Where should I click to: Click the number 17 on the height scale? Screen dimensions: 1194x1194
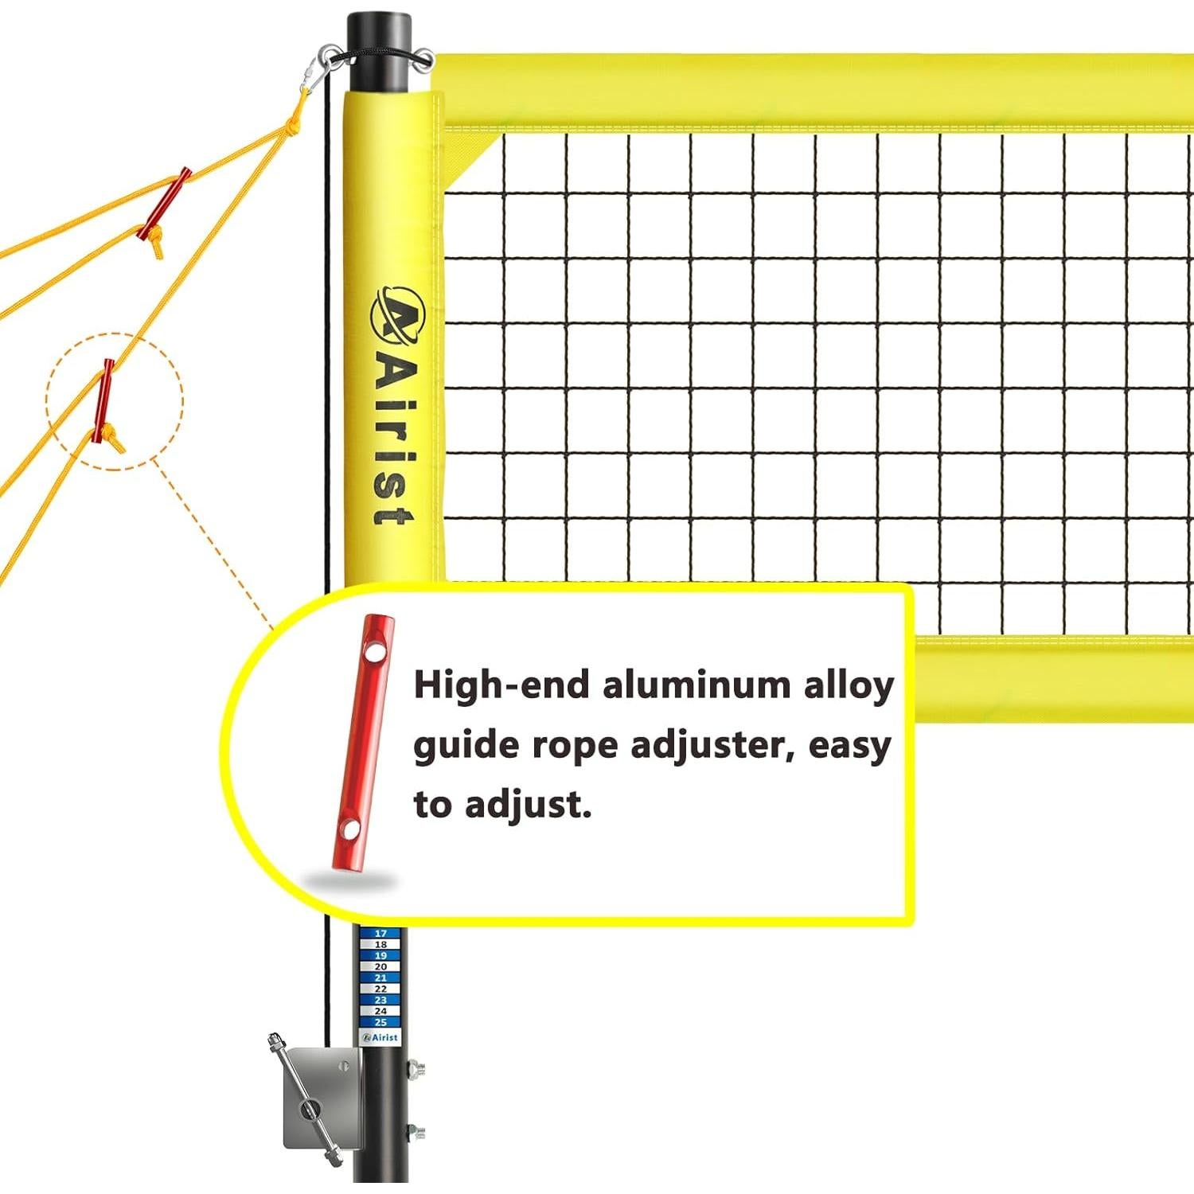tap(380, 934)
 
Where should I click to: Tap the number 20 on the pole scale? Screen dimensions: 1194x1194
tap(380, 966)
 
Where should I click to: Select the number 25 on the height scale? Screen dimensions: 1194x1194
tap(380, 1022)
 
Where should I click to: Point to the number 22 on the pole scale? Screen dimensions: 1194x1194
tap(380, 989)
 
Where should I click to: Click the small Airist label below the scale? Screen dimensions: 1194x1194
tap(380, 1037)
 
